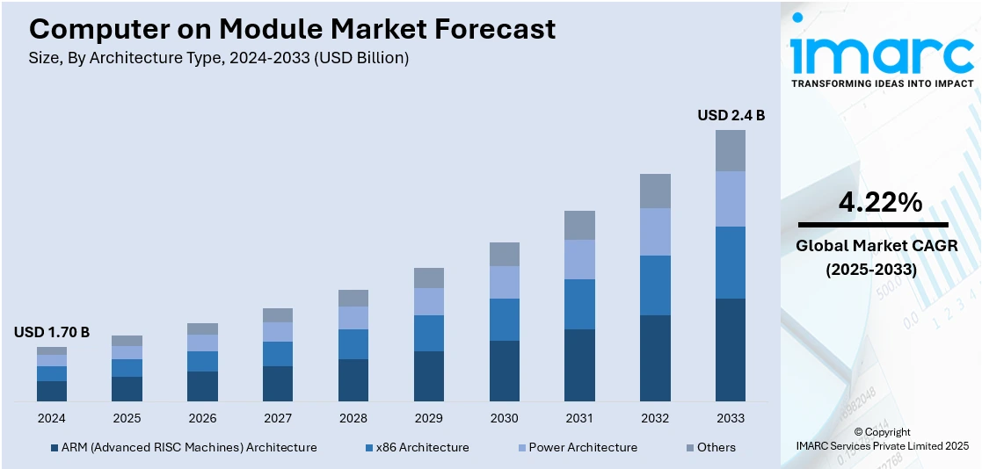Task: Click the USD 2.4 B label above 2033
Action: click(x=731, y=115)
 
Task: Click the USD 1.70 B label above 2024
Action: click(x=52, y=332)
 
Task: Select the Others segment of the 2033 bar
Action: click(x=731, y=150)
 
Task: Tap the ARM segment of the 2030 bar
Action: click(x=505, y=371)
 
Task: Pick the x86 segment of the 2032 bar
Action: click(x=655, y=285)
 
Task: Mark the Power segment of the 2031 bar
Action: click(x=579, y=259)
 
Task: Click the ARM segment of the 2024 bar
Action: click(x=52, y=391)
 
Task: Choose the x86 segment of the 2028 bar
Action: click(x=353, y=344)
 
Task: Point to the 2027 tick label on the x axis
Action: click(x=278, y=418)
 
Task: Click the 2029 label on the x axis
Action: click(x=429, y=418)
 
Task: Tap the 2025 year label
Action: click(x=127, y=418)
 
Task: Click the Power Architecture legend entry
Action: click(x=583, y=447)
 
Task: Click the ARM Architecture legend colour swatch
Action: click(x=55, y=448)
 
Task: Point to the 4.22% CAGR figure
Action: click(x=880, y=203)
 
